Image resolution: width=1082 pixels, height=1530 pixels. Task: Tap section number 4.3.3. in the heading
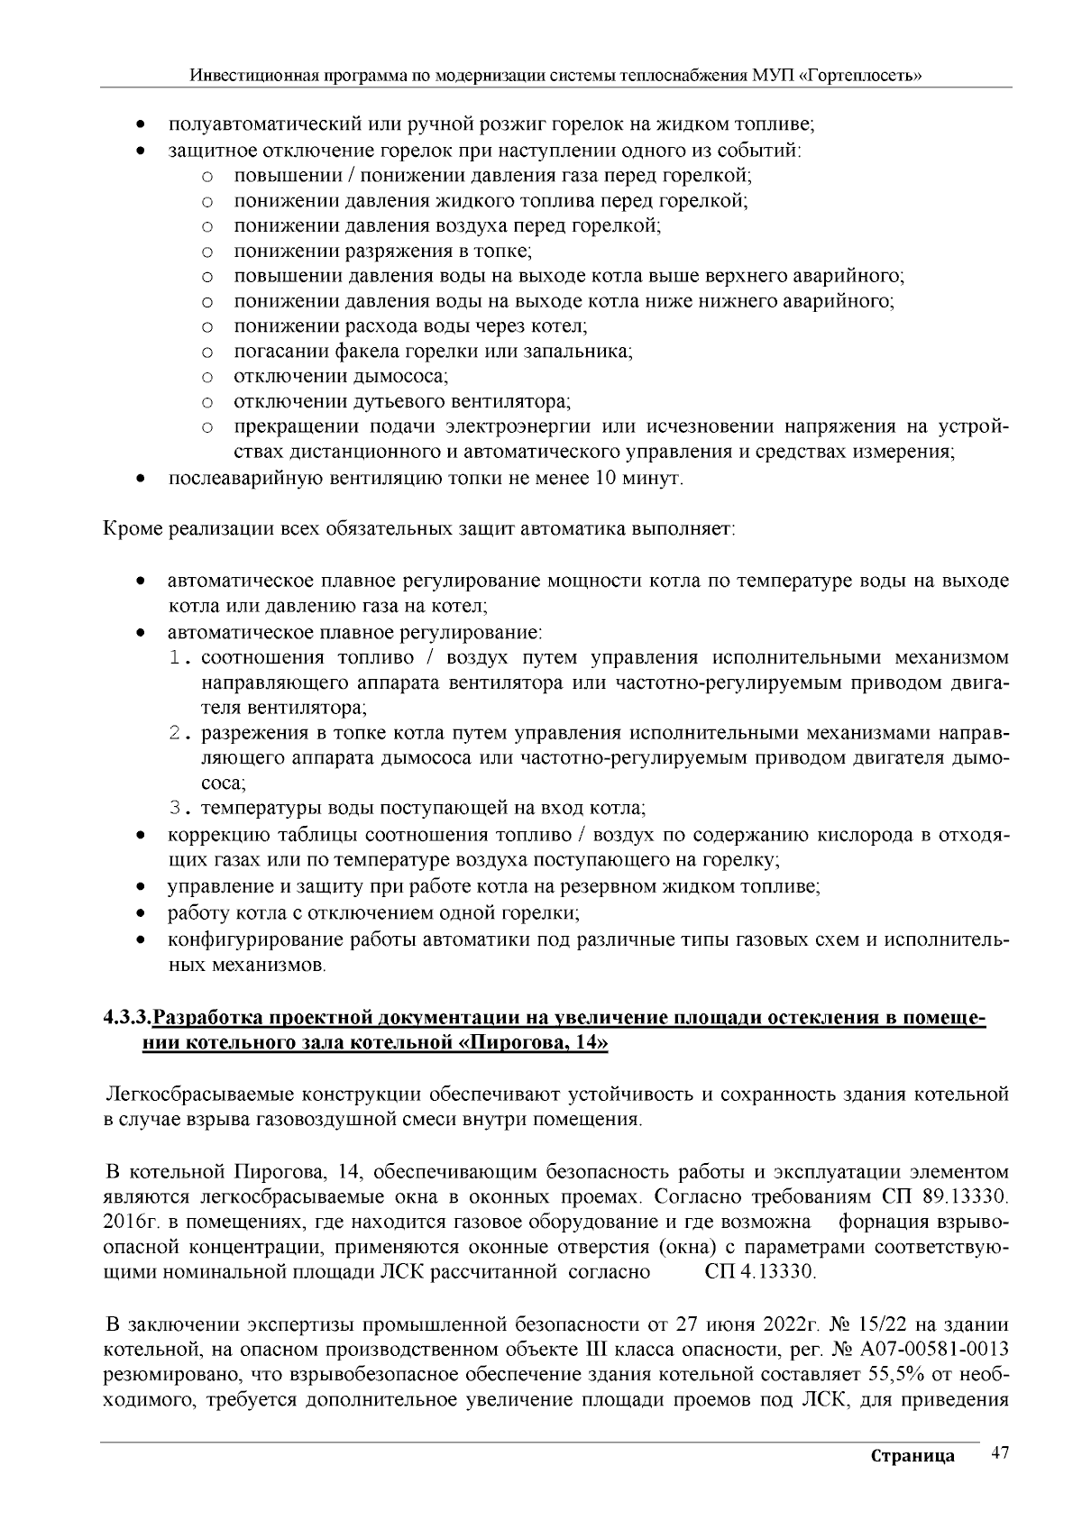click(126, 1019)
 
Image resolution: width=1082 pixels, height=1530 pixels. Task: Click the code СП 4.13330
click(759, 1272)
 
